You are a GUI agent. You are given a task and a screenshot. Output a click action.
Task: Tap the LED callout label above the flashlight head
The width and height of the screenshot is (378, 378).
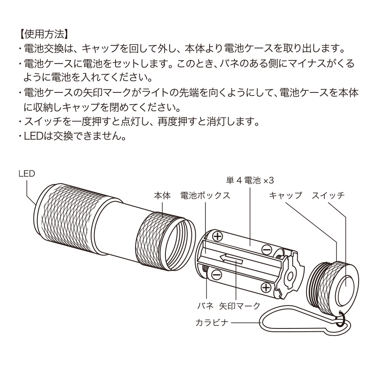tap(26, 173)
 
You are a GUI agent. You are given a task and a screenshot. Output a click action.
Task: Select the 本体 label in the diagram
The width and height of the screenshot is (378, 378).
tap(162, 196)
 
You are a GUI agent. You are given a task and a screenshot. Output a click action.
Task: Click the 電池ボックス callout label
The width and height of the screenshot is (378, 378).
tap(205, 196)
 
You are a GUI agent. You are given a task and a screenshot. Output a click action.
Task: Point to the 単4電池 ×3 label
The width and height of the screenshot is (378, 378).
tap(249, 180)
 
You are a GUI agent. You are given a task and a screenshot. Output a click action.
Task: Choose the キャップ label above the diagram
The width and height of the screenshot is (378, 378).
tap(285, 196)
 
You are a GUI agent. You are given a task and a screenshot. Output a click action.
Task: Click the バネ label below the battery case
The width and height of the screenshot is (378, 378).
tap(206, 306)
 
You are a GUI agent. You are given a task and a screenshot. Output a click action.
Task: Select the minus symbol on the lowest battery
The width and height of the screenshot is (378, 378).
tap(216, 275)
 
